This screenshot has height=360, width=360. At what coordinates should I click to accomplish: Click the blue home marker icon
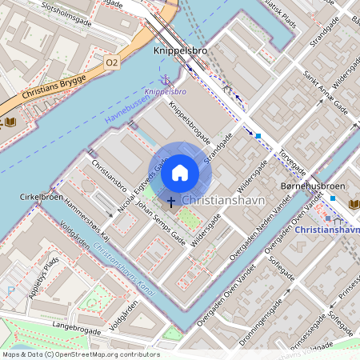[180, 172]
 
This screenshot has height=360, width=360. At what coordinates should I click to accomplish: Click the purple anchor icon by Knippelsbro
[166, 81]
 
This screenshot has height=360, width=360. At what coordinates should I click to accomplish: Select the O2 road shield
[112, 62]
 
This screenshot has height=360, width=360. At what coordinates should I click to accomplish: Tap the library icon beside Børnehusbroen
[354, 205]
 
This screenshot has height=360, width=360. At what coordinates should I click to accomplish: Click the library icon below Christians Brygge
[10, 122]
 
